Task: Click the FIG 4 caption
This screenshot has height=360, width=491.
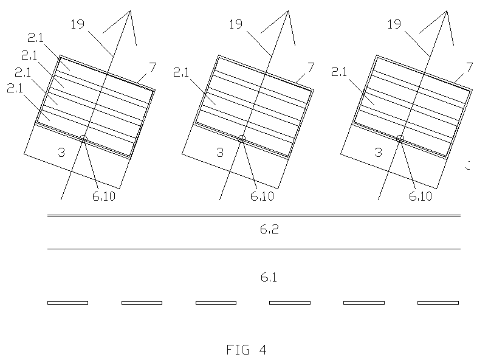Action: (x=247, y=350)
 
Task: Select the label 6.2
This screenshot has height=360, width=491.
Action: (x=269, y=229)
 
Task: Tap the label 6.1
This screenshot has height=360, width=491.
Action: (x=269, y=277)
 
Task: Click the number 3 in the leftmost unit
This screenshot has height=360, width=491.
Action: (x=61, y=152)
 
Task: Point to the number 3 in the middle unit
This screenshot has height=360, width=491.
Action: (x=220, y=152)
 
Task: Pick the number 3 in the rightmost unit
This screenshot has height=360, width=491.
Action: (x=378, y=152)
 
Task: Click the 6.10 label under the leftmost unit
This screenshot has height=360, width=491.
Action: (x=104, y=196)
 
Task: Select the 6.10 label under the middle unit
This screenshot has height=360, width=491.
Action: (x=262, y=196)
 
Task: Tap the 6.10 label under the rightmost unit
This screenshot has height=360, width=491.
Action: (x=421, y=196)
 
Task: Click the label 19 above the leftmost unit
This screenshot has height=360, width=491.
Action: (x=77, y=24)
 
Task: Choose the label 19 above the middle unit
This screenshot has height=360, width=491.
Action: (x=236, y=24)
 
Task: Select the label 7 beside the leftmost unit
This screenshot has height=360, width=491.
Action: (x=153, y=67)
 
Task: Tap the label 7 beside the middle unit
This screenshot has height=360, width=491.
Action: (x=311, y=67)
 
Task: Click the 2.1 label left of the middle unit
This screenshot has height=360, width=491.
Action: (x=181, y=73)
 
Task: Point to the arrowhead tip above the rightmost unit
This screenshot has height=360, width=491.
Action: (x=447, y=11)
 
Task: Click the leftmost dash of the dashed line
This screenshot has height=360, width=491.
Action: (x=67, y=303)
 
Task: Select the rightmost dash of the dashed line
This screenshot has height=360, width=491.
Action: (x=438, y=303)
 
